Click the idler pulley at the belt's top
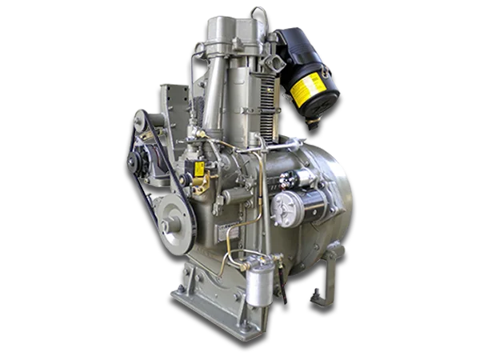coord(142,120)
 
